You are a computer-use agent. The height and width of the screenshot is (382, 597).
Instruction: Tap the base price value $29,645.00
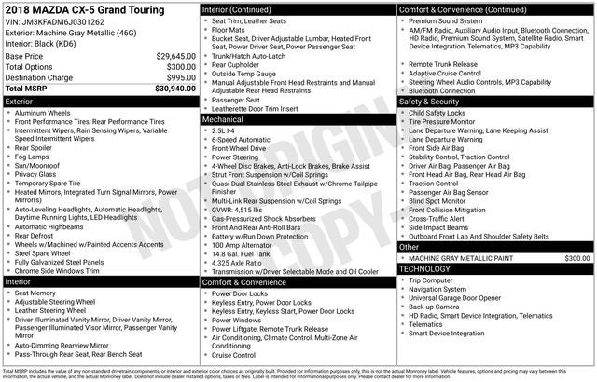169,56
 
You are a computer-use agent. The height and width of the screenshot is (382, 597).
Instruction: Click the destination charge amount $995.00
175,77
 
